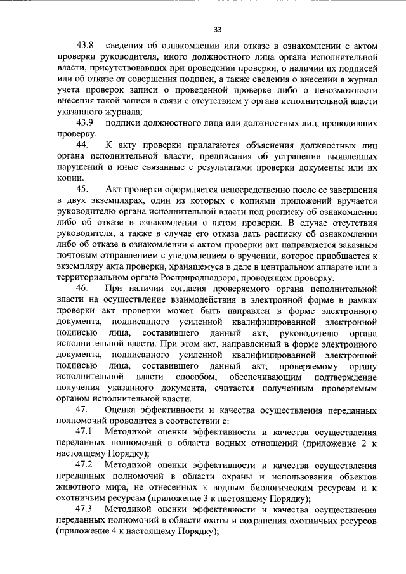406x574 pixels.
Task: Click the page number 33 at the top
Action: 218,29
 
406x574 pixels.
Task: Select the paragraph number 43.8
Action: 85,46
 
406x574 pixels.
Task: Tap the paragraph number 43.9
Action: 85,122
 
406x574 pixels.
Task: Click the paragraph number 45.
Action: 81,190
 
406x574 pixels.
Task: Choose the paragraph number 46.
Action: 81,288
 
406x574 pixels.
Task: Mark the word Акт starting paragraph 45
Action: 112,190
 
